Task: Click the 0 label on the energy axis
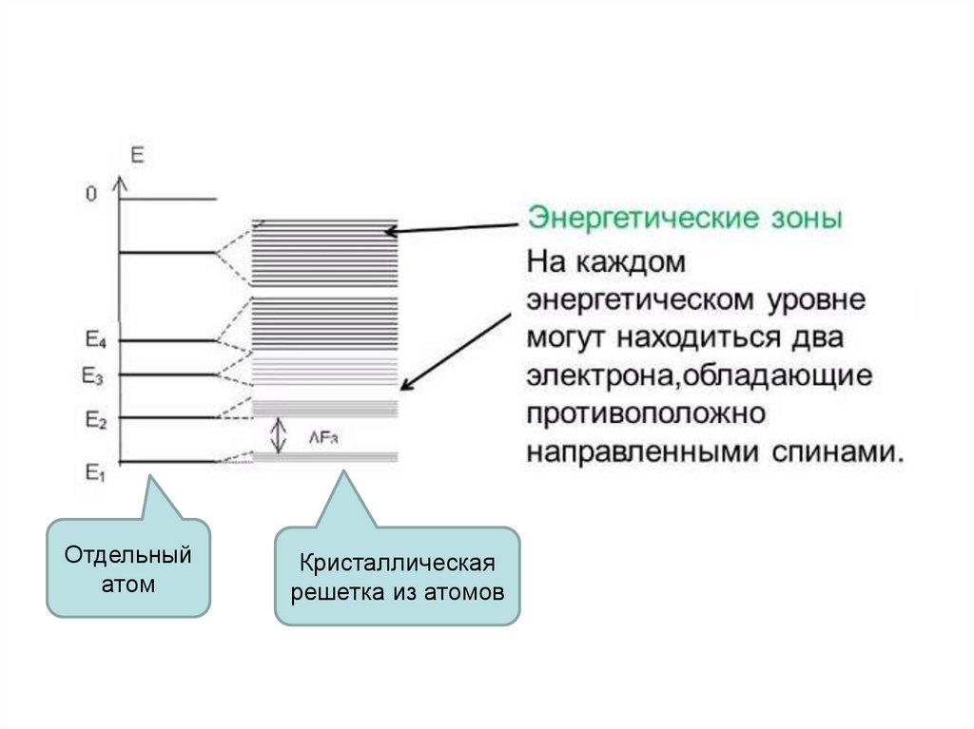90,195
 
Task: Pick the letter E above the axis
137,155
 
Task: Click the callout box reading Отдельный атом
128,567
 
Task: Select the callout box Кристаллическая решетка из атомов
398,577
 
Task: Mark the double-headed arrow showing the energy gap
278,435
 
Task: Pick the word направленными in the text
644,450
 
